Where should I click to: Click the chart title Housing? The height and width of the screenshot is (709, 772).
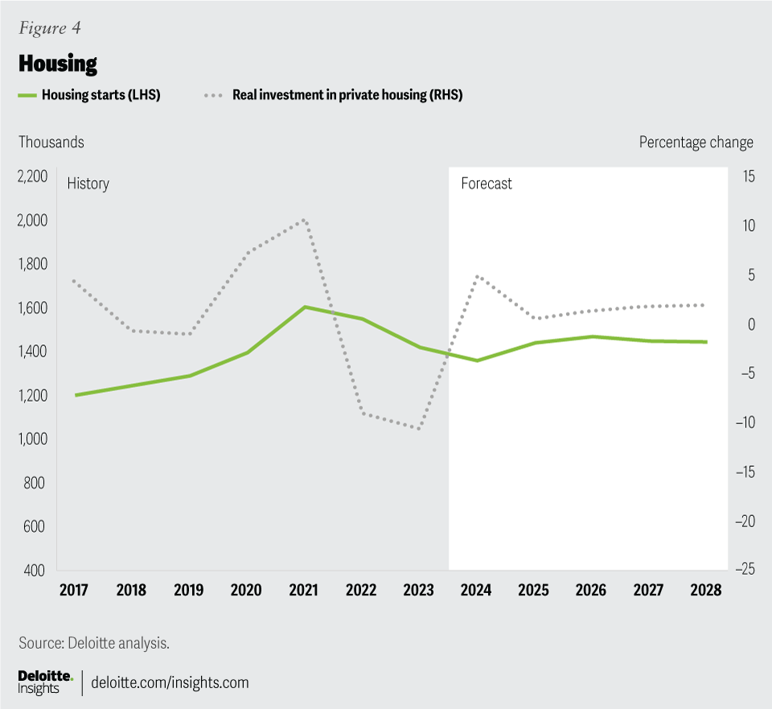pos(58,63)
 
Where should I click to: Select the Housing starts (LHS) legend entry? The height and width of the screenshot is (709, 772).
pos(101,95)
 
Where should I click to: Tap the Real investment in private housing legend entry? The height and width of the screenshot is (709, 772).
pos(347,95)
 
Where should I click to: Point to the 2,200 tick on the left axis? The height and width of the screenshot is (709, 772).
pos(32,177)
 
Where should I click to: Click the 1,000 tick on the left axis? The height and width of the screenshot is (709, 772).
pos(32,439)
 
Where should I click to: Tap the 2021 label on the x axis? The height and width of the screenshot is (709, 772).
pos(304,590)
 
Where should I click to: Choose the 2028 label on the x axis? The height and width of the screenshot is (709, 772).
pos(706,590)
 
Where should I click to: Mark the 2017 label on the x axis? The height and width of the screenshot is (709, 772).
pos(75,590)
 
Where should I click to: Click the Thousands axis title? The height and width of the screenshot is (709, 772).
pos(51,142)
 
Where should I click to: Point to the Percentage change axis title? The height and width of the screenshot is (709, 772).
pos(696,142)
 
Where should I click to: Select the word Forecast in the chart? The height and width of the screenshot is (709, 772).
pos(487,183)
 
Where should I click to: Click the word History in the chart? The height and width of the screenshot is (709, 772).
pos(88,183)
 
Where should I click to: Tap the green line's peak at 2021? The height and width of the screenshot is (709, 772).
pos(305,307)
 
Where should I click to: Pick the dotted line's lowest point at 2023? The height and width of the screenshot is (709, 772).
pos(419,428)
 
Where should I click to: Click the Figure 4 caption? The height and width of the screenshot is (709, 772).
pos(49,28)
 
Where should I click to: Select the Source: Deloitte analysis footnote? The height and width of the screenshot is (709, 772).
pos(94,642)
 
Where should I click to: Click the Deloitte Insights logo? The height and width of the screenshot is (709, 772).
pos(45,682)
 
